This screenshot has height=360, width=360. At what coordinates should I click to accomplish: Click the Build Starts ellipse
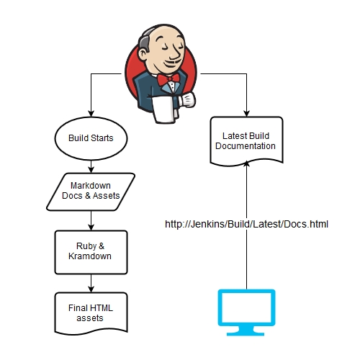tap(91, 138)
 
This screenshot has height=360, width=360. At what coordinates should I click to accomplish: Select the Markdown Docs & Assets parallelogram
tap(91, 192)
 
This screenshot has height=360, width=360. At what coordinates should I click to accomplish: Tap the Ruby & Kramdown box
tap(91, 252)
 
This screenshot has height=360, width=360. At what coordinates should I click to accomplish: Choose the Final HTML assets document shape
tap(91, 313)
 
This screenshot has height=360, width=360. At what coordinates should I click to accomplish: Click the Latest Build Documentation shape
tap(246, 141)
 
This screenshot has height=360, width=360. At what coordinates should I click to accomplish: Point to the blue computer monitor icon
tap(246, 312)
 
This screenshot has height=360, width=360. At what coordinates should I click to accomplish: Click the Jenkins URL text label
tap(246, 224)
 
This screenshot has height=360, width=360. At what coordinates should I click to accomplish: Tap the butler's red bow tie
tap(168, 79)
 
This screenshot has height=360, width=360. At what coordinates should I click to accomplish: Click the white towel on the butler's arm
tap(163, 109)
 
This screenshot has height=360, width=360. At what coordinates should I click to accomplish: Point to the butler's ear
tap(143, 55)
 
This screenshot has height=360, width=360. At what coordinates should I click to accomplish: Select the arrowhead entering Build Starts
tap(91, 114)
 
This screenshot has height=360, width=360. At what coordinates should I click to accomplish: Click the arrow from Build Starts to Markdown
tap(91, 166)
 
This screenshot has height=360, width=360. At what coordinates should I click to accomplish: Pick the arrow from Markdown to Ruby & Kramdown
tap(91, 220)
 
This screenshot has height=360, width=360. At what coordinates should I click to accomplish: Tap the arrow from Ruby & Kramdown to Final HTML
tap(91, 283)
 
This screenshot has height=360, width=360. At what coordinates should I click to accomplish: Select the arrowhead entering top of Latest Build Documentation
tap(246, 114)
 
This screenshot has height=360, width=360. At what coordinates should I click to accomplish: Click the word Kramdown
tap(90, 256)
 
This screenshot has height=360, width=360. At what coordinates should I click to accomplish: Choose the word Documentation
tap(246, 146)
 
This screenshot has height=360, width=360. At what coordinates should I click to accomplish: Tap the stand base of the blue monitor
tap(246, 333)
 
